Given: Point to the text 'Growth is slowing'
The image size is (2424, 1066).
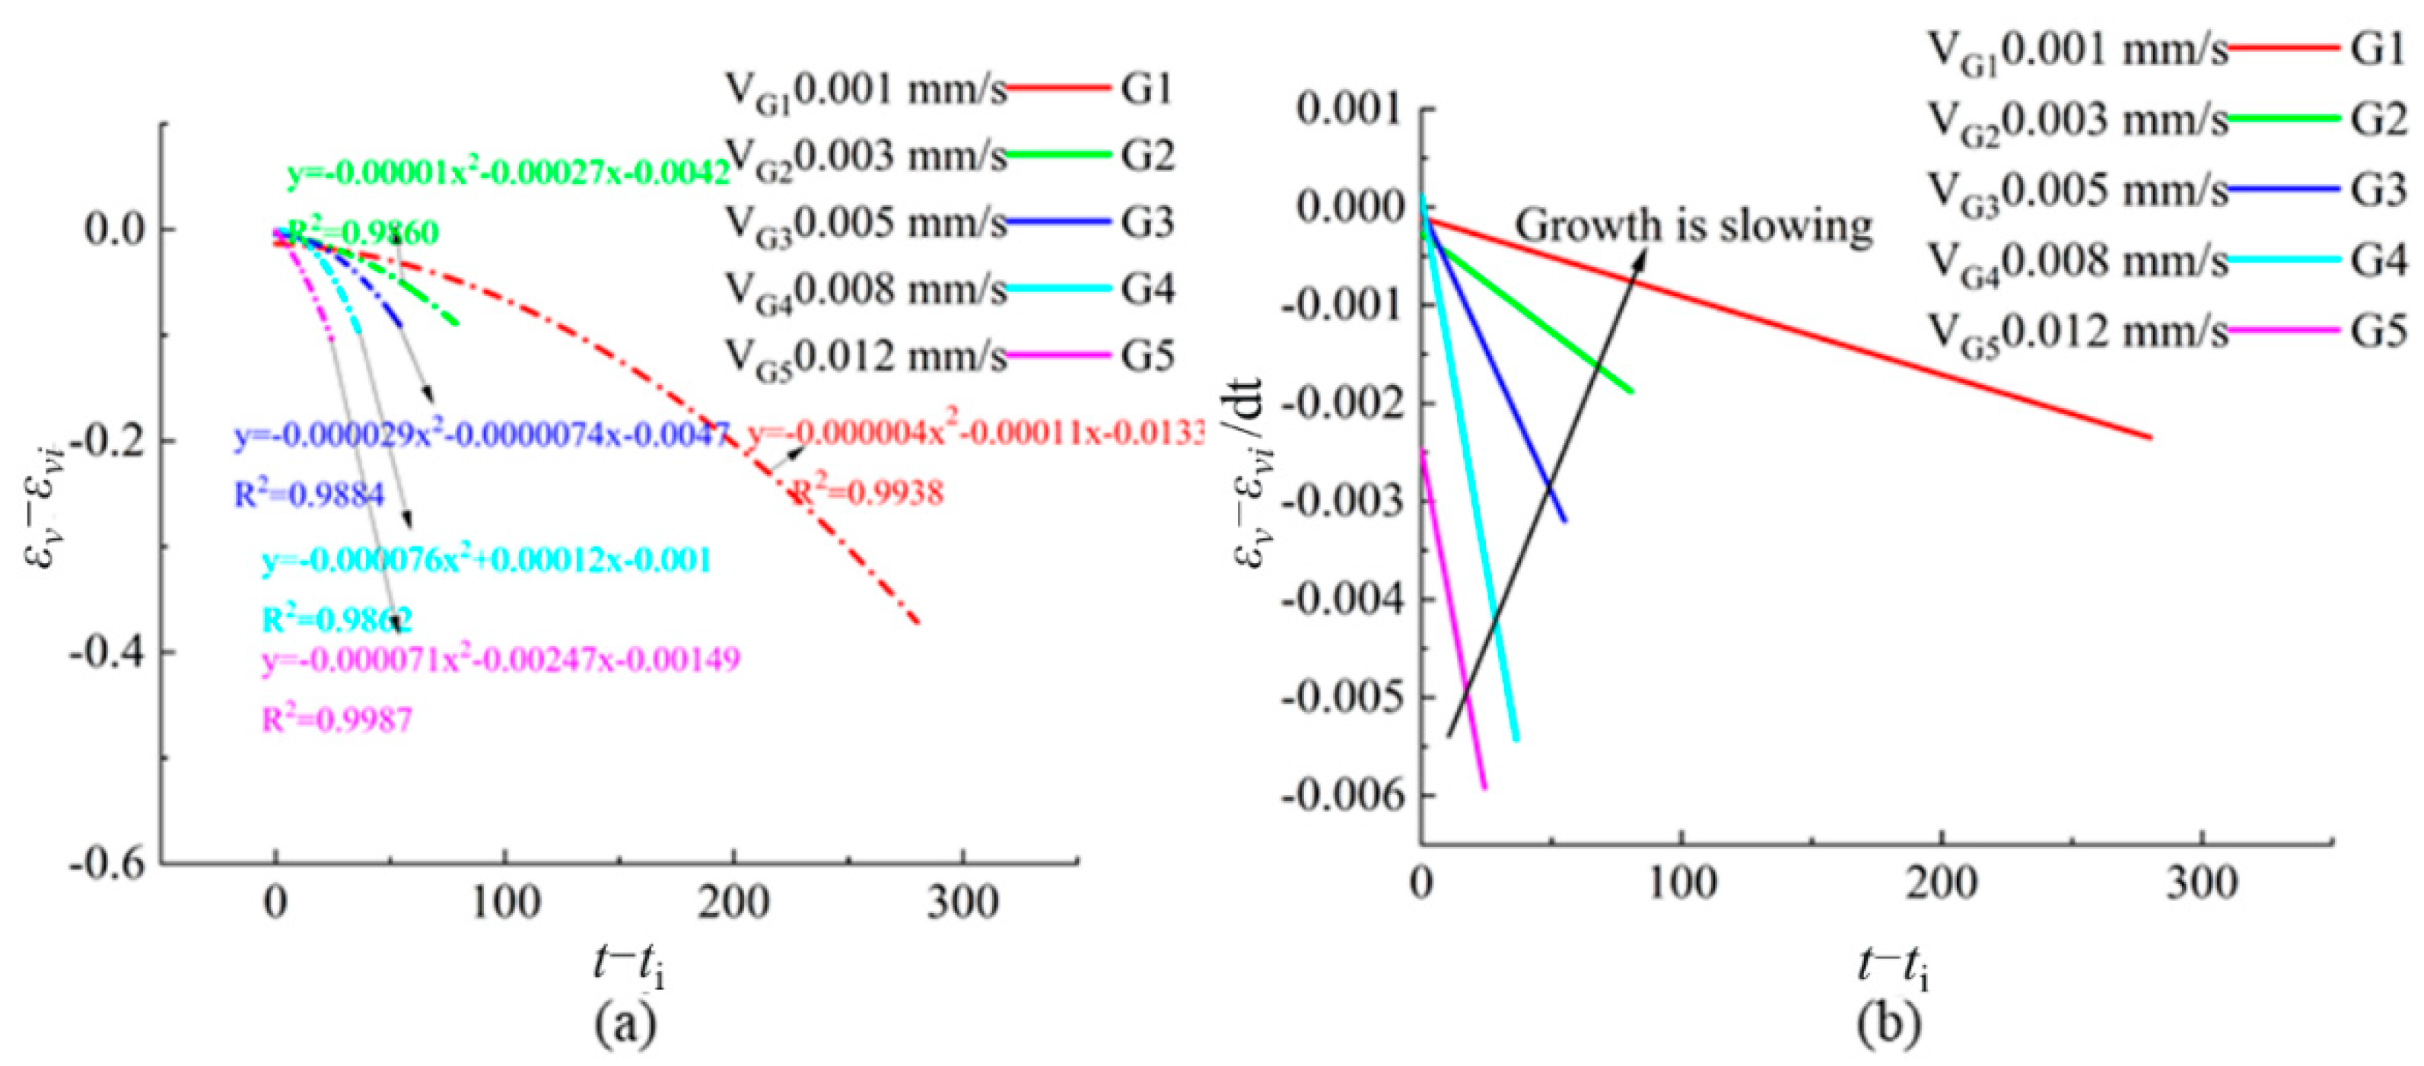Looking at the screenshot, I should (1693, 226).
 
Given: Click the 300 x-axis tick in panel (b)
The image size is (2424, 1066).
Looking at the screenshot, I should (2201, 883).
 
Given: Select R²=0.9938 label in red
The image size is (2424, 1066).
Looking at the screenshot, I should (867, 493).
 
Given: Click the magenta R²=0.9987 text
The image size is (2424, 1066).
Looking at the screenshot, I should (337, 720).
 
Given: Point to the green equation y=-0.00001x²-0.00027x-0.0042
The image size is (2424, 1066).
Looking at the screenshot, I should (508, 173).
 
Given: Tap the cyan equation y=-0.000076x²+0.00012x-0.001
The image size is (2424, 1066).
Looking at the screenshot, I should (486, 561).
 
